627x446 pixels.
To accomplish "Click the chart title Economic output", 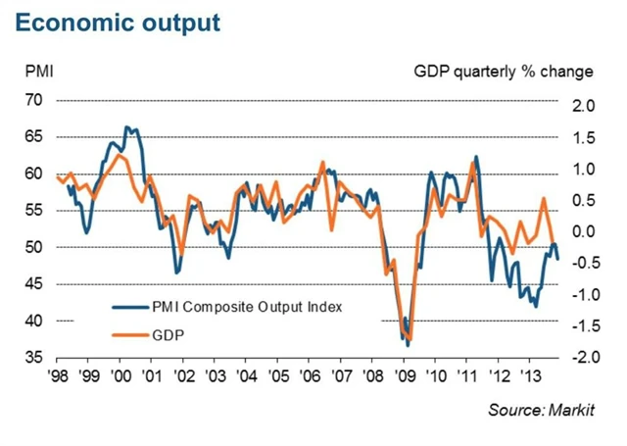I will tap(117, 22).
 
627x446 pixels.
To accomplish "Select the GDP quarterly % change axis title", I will tap(504, 72).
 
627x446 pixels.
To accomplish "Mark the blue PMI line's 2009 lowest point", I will tap(408, 345).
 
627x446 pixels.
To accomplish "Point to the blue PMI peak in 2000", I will tap(126, 127).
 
